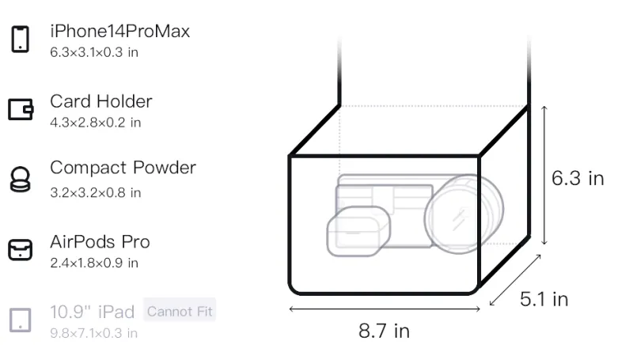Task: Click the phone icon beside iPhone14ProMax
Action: [21, 39]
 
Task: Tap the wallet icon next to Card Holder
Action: [21, 109]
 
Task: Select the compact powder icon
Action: [20, 179]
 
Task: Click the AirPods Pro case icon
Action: [21, 250]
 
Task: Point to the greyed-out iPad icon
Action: [21, 320]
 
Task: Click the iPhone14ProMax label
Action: [120, 31]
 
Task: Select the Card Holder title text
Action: [101, 101]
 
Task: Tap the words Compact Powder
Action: [123, 168]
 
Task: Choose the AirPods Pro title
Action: [100, 242]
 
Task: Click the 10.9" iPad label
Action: [92, 312]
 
